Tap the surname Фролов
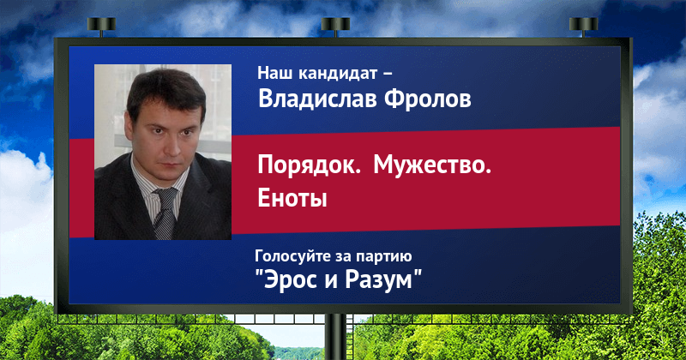428,99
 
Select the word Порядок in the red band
309,166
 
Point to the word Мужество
432,165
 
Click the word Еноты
292,198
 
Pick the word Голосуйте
292,256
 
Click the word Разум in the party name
379,279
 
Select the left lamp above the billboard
101,26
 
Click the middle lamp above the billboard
335,26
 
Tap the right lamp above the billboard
583,26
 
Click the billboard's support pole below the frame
335,337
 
